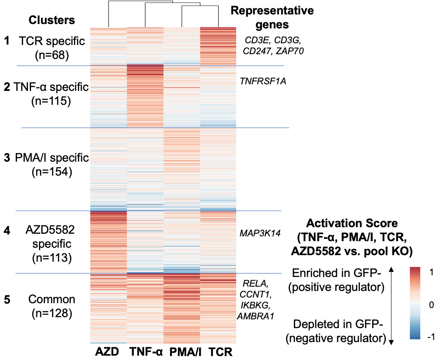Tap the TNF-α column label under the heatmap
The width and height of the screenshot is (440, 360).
[x=146, y=352]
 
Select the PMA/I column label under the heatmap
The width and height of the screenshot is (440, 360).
[x=182, y=352]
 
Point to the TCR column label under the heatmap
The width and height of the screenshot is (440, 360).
[x=218, y=352]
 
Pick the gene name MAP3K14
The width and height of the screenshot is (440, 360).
[x=259, y=232]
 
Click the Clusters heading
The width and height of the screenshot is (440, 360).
[x=52, y=20]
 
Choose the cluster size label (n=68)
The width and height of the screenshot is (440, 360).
[x=52, y=56]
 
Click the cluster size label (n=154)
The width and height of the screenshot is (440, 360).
[x=52, y=172]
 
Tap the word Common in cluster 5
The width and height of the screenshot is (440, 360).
[x=52, y=300]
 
